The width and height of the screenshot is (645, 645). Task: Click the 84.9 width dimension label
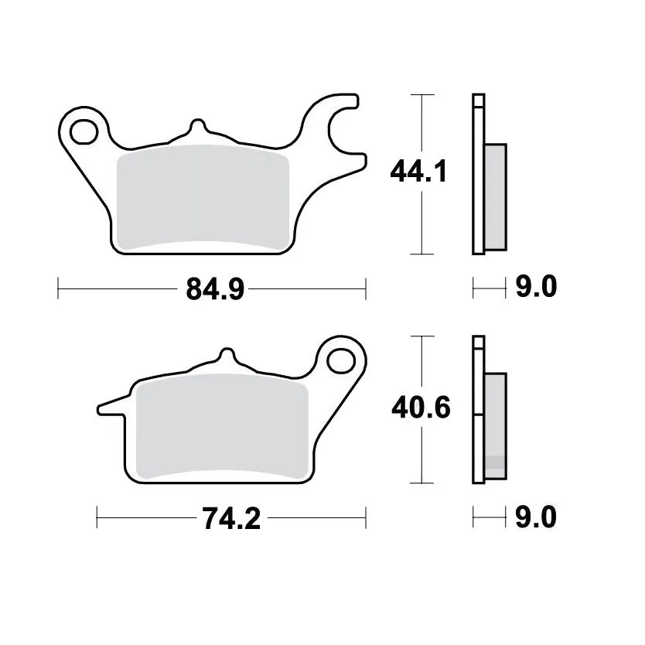pyautogui.click(x=215, y=288)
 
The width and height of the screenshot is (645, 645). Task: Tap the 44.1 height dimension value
pyautogui.click(x=418, y=171)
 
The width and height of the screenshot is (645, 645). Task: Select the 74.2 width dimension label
pyautogui.click(x=231, y=518)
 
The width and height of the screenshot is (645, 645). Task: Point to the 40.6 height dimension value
pyautogui.click(x=421, y=408)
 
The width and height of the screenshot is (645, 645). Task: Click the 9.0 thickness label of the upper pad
pyautogui.click(x=537, y=286)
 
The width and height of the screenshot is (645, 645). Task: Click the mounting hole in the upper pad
pyautogui.click(x=84, y=131)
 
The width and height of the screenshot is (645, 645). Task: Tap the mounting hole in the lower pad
pyautogui.click(x=341, y=360)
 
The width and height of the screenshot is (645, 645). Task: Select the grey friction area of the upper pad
pyautogui.click(x=203, y=197)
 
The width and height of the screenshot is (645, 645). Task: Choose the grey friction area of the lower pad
pyautogui.click(x=222, y=426)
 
